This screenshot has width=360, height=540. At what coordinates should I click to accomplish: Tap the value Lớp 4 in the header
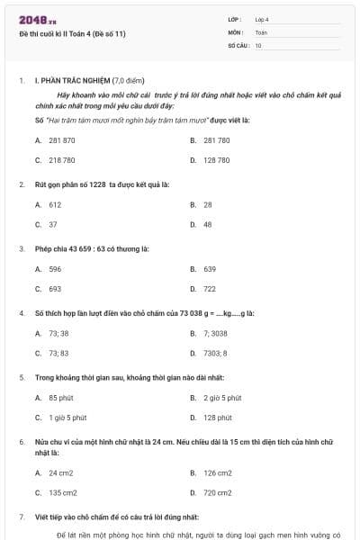262,19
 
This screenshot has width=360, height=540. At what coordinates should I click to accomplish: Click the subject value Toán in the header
261,31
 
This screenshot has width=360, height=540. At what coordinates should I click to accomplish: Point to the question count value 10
258,44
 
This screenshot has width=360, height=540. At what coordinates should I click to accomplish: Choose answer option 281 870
62,140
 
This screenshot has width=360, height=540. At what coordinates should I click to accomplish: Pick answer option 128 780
216,160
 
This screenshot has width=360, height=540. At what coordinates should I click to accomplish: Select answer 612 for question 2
55,204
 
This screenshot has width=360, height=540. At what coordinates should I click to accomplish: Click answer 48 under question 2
208,224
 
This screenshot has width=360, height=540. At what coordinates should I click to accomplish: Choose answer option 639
210,269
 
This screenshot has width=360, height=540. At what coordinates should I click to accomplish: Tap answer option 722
210,289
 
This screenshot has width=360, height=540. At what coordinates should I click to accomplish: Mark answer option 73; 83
58,353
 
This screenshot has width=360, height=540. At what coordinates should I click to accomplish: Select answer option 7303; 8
215,353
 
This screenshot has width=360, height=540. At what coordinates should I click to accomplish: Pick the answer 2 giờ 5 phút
222,398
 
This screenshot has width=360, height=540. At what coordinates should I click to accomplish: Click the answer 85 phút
60,398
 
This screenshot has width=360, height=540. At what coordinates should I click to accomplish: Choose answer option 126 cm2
217,472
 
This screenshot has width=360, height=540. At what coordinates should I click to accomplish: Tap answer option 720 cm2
217,492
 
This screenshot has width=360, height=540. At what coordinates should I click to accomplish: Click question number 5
22,377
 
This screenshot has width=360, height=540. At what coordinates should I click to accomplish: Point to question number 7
22,517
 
